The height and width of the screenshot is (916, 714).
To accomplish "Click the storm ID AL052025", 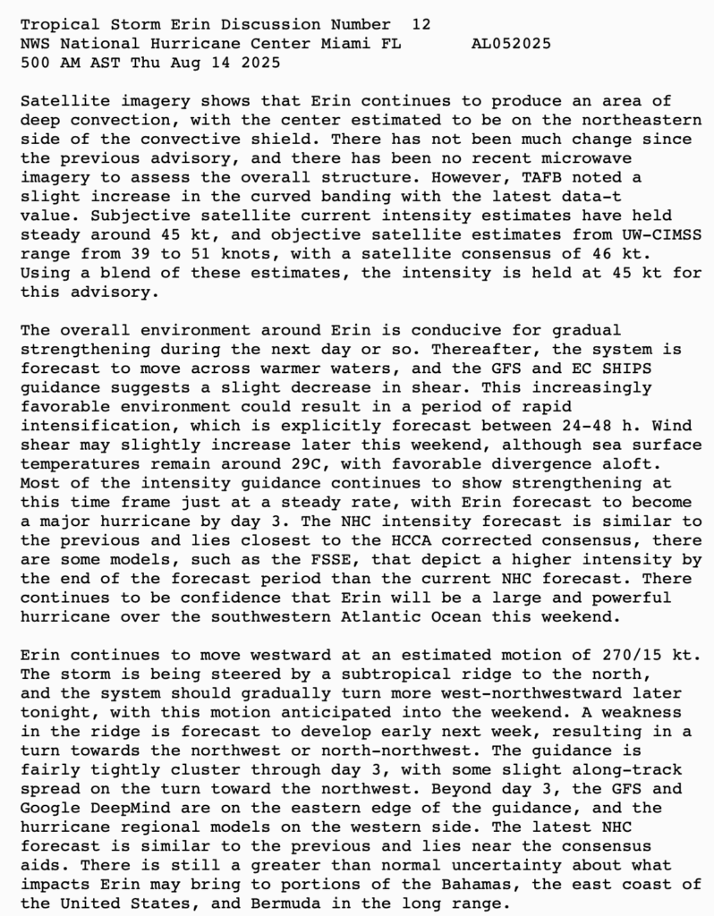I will point(511,43).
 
